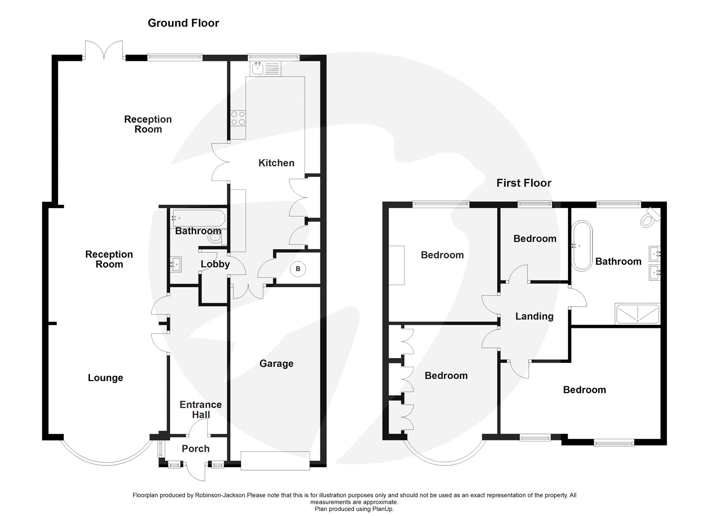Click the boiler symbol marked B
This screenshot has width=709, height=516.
tap(297, 269)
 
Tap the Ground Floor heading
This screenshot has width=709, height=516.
tap(183, 23)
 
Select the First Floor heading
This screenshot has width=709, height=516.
tap(524, 183)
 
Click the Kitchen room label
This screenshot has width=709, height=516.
tap(277, 163)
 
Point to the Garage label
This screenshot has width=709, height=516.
tap(277, 363)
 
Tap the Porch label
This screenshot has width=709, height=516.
tap(195, 449)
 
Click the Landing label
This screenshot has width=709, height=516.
tap(534, 316)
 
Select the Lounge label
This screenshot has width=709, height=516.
tap(105, 378)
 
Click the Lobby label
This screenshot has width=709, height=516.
tap(215, 264)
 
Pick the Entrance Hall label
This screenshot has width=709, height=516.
tap(201, 410)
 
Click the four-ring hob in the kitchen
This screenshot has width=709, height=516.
tap(238, 118)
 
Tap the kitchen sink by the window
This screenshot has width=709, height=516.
tap(265, 69)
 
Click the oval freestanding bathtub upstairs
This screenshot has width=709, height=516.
tap(582, 246)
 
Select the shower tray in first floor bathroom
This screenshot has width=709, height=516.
tap(638, 314)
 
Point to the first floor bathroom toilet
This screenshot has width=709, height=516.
tap(651, 217)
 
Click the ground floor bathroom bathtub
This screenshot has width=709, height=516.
tap(199, 218)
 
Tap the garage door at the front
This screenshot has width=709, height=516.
tap(275, 461)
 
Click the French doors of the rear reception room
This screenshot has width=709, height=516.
tap(104, 50)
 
